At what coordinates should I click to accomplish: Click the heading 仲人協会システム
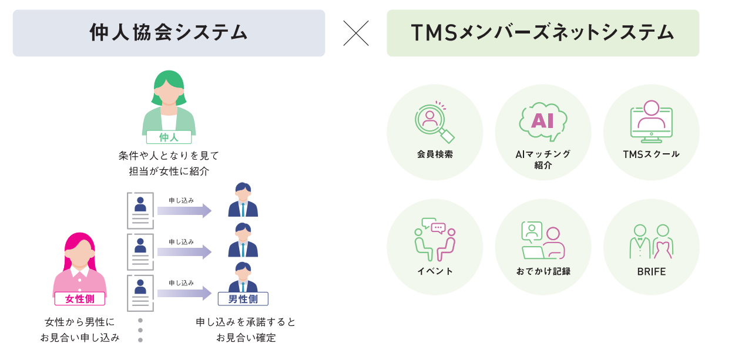pyautogui.click(x=169, y=33)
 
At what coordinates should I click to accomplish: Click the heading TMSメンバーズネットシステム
pyautogui.click(x=542, y=33)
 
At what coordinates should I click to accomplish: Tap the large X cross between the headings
pyautogui.click(x=356, y=33)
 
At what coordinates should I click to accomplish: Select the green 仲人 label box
pyautogui.click(x=169, y=137)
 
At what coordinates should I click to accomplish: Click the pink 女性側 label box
pyautogui.click(x=79, y=299)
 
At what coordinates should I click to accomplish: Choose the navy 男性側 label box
pyautogui.click(x=243, y=299)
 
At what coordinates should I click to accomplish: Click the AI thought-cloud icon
pyautogui.click(x=542, y=121)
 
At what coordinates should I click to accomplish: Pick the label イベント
pyautogui.click(x=435, y=271)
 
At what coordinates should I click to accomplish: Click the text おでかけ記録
pyautogui.click(x=543, y=271)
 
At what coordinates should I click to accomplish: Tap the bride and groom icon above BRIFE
pyautogui.click(x=651, y=241)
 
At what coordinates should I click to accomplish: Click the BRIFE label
pyautogui.click(x=651, y=271)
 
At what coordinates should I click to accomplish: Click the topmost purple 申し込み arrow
pyautogui.click(x=184, y=210)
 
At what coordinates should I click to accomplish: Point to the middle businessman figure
pyautogui.click(x=243, y=240)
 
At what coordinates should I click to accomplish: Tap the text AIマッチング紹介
pyautogui.click(x=543, y=159)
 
